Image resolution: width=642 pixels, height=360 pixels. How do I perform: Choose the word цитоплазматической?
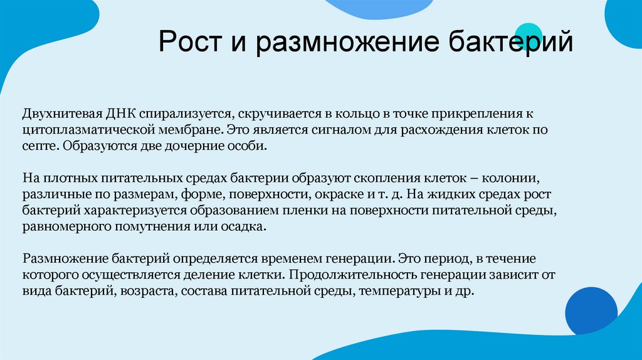click(84, 130)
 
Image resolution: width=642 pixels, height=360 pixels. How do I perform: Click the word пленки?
click(325, 209)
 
